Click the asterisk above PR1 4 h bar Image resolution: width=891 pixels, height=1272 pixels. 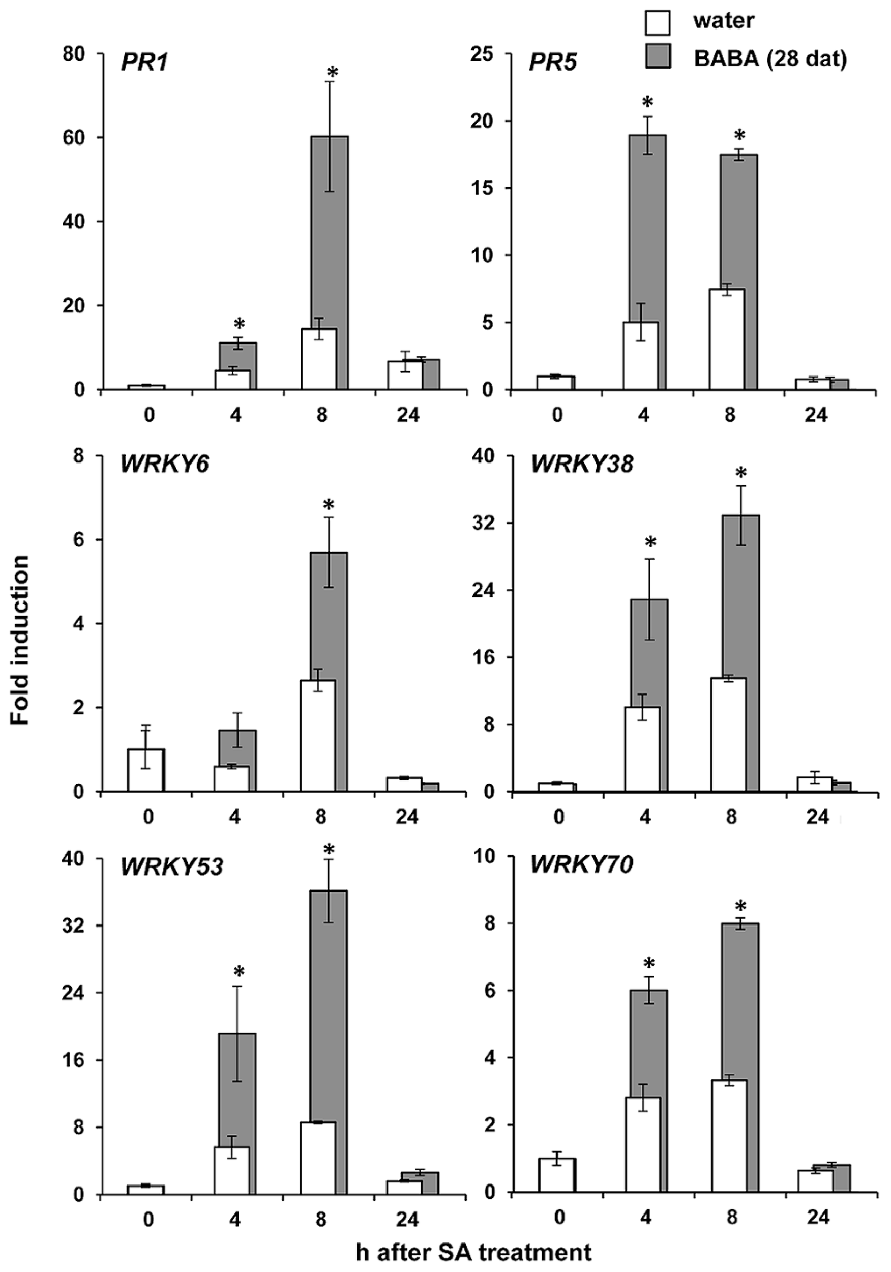239,324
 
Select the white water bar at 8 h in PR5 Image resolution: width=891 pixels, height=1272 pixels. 726,339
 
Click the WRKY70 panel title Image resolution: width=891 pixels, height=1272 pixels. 581,865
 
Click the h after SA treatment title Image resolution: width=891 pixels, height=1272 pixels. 473,1251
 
